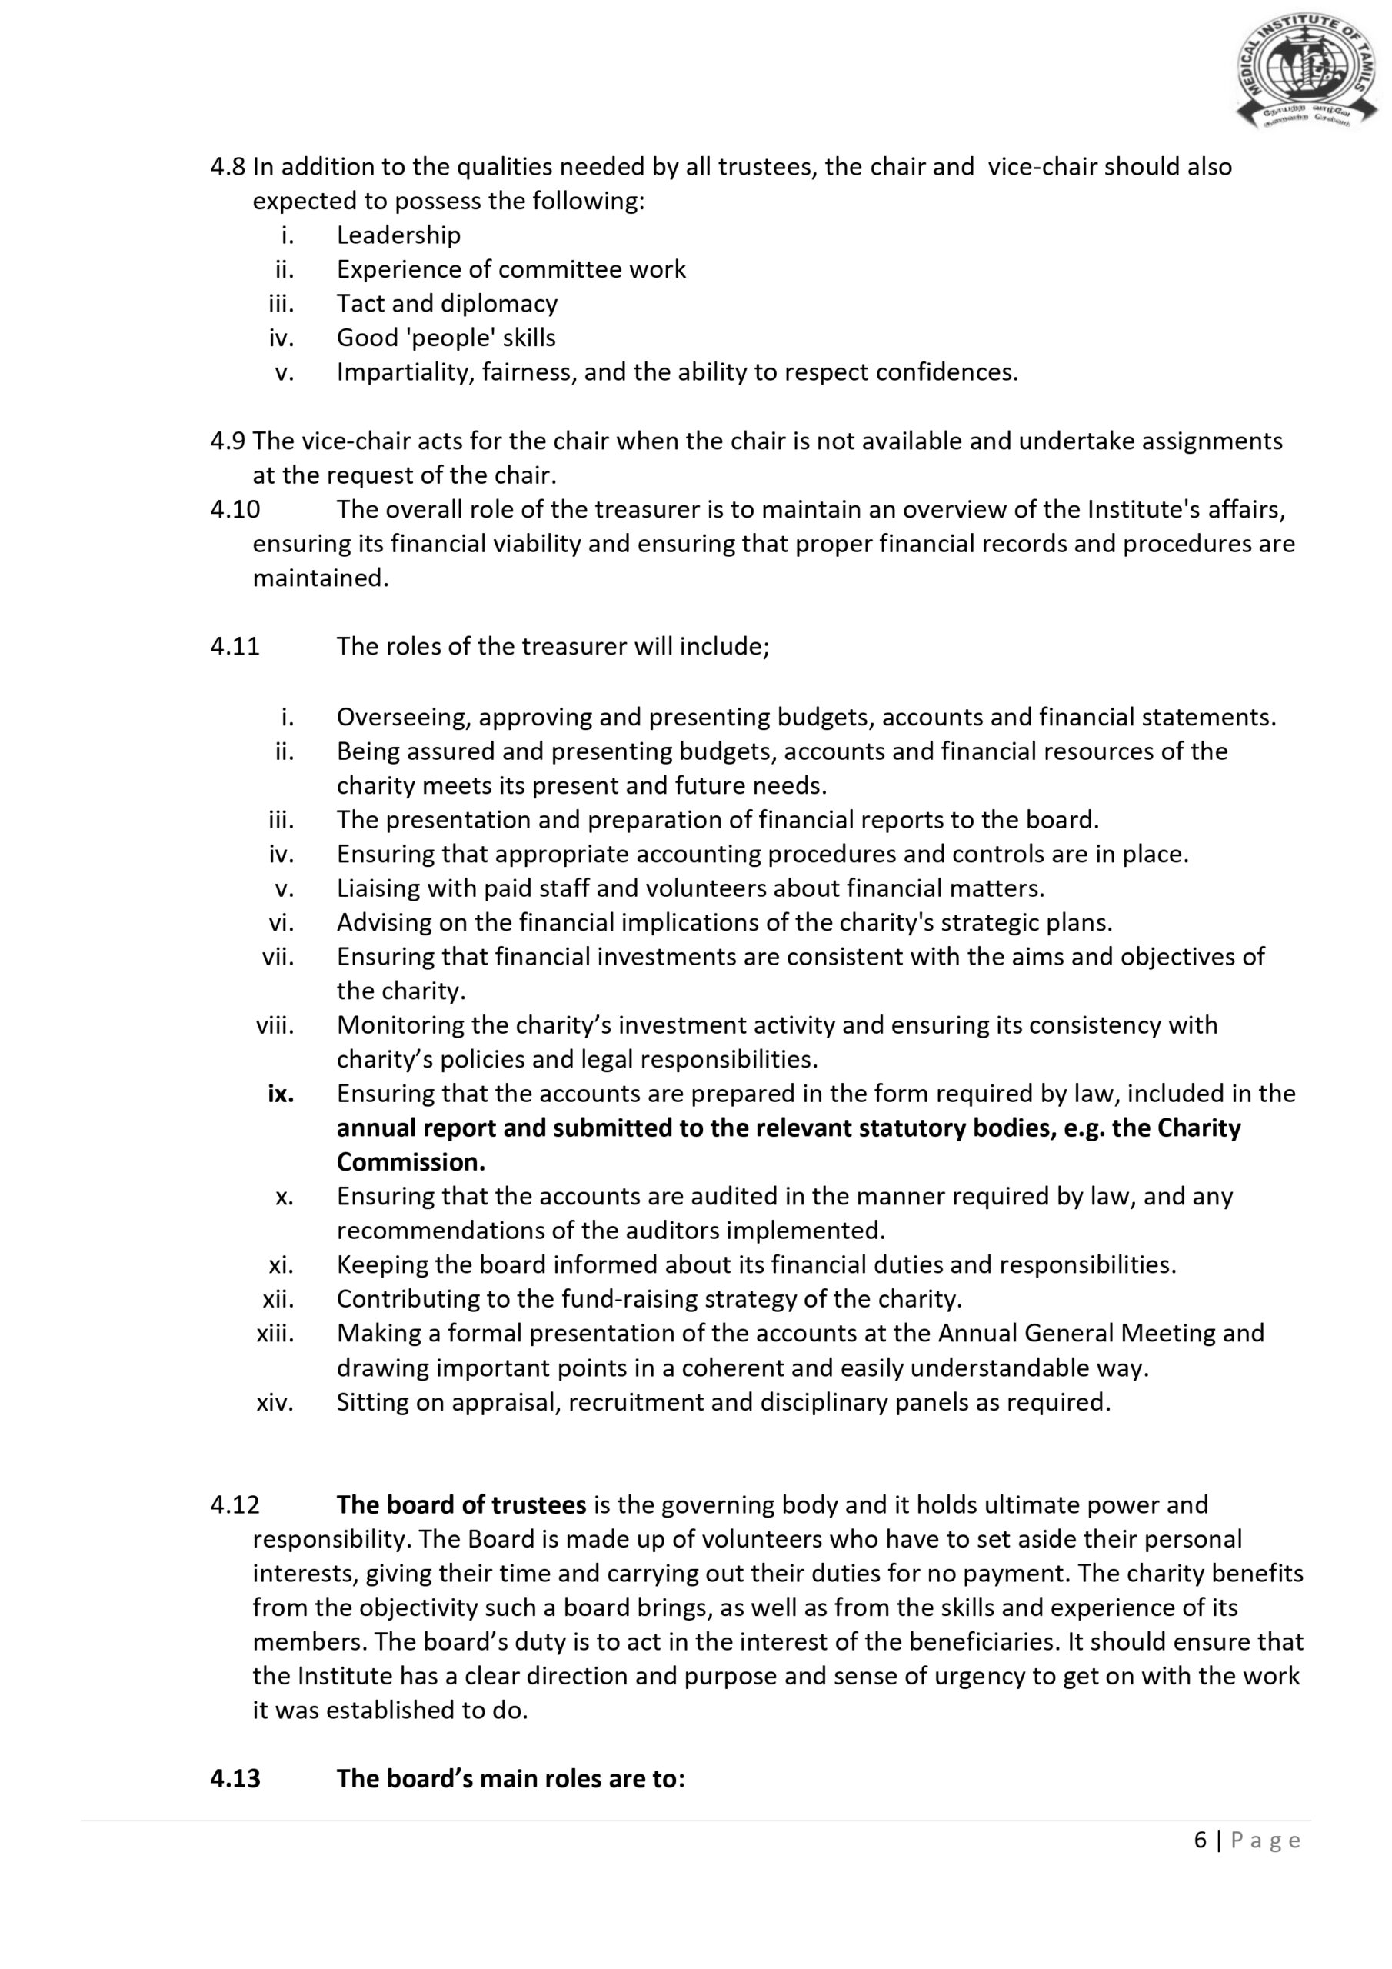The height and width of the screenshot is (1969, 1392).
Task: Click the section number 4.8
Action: click(228, 167)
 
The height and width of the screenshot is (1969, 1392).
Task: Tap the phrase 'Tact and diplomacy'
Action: click(447, 304)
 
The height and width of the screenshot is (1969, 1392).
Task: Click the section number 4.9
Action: click(228, 441)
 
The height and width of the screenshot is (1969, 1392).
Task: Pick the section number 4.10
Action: click(235, 509)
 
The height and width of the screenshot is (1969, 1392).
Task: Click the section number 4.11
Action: click(235, 646)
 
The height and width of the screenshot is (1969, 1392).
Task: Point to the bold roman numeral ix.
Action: click(281, 1094)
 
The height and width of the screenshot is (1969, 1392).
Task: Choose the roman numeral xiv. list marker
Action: click(275, 1402)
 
